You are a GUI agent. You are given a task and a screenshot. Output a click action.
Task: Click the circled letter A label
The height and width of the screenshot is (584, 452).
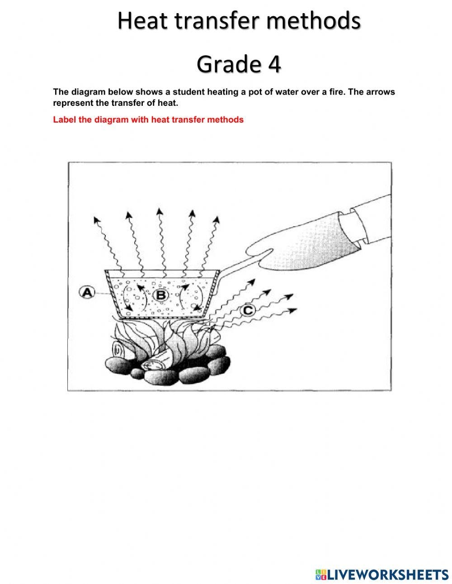tap(86, 292)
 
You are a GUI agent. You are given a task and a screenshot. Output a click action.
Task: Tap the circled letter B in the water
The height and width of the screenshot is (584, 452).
tap(160, 295)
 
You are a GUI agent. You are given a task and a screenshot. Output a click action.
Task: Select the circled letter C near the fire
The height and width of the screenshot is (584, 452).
tap(248, 310)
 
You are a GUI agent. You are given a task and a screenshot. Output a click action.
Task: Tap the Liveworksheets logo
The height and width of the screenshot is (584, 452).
tap(381, 568)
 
